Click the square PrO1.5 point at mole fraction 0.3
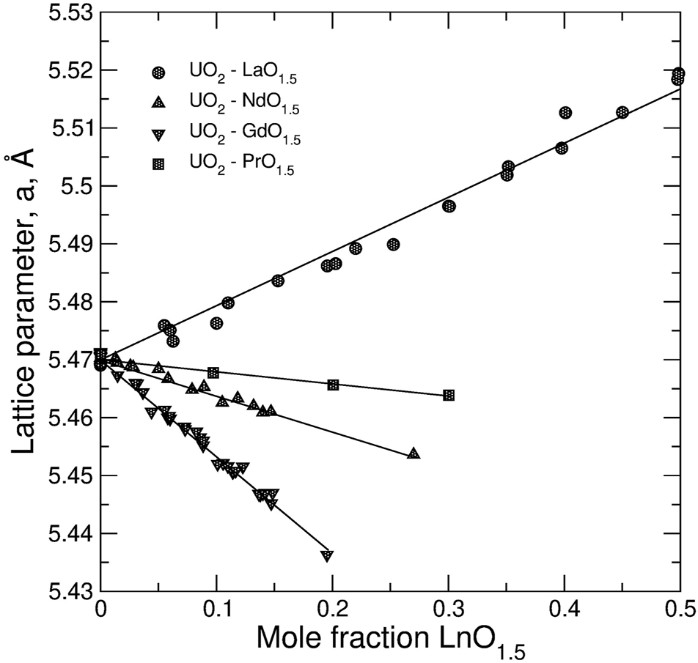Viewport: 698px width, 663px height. [x=449, y=395]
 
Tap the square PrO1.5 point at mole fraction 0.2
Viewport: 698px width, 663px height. [x=333, y=385]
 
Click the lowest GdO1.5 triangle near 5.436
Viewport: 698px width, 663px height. [x=327, y=555]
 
